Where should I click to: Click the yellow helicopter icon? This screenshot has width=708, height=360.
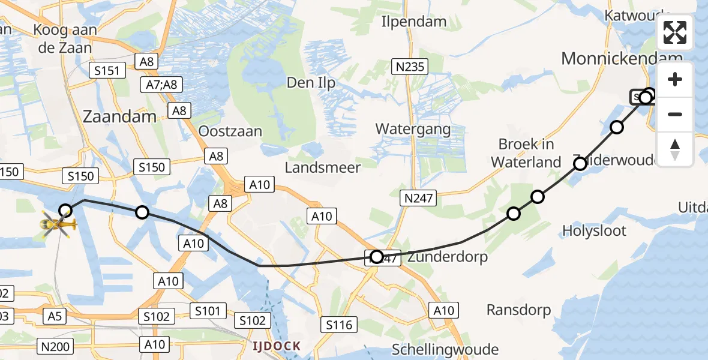pyautogui.click(x=58, y=225)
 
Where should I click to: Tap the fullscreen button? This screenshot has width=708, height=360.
pyautogui.click(x=675, y=32)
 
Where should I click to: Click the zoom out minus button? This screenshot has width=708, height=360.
pyautogui.click(x=675, y=114)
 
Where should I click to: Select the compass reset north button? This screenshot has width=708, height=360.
pyautogui.click(x=675, y=149)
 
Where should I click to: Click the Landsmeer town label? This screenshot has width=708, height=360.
pyautogui.click(x=323, y=167)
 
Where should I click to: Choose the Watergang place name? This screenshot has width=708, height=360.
pyautogui.click(x=413, y=129)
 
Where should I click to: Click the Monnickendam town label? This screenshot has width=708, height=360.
pyautogui.click(x=621, y=58)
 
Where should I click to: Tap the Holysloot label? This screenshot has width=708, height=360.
pyautogui.click(x=595, y=230)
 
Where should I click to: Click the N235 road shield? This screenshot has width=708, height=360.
pyautogui.click(x=410, y=67)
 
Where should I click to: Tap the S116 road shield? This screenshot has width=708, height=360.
pyautogui.click(x=339, y=325)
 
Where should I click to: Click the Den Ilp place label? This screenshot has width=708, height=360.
pyautogui.click(x=311, y=83)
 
